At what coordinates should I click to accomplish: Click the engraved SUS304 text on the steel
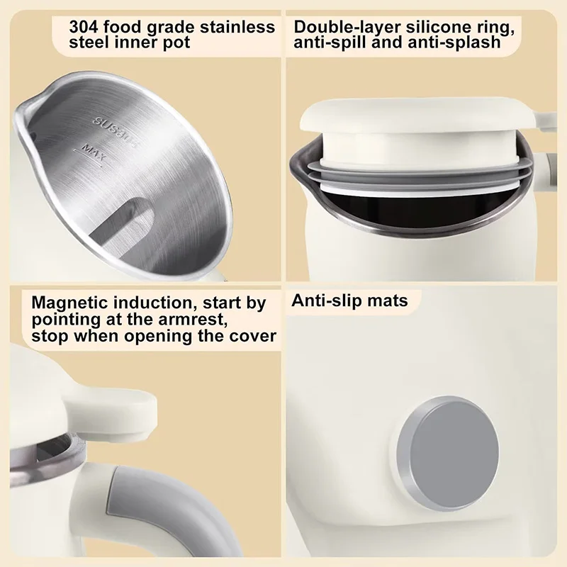point(116,131)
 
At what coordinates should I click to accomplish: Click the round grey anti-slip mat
point(448,452)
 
